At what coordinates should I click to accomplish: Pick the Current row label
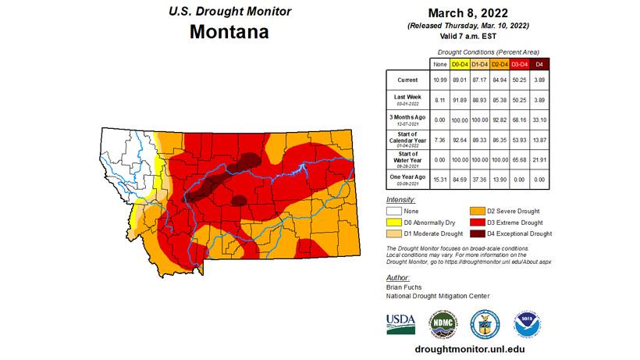pos(407,80)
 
